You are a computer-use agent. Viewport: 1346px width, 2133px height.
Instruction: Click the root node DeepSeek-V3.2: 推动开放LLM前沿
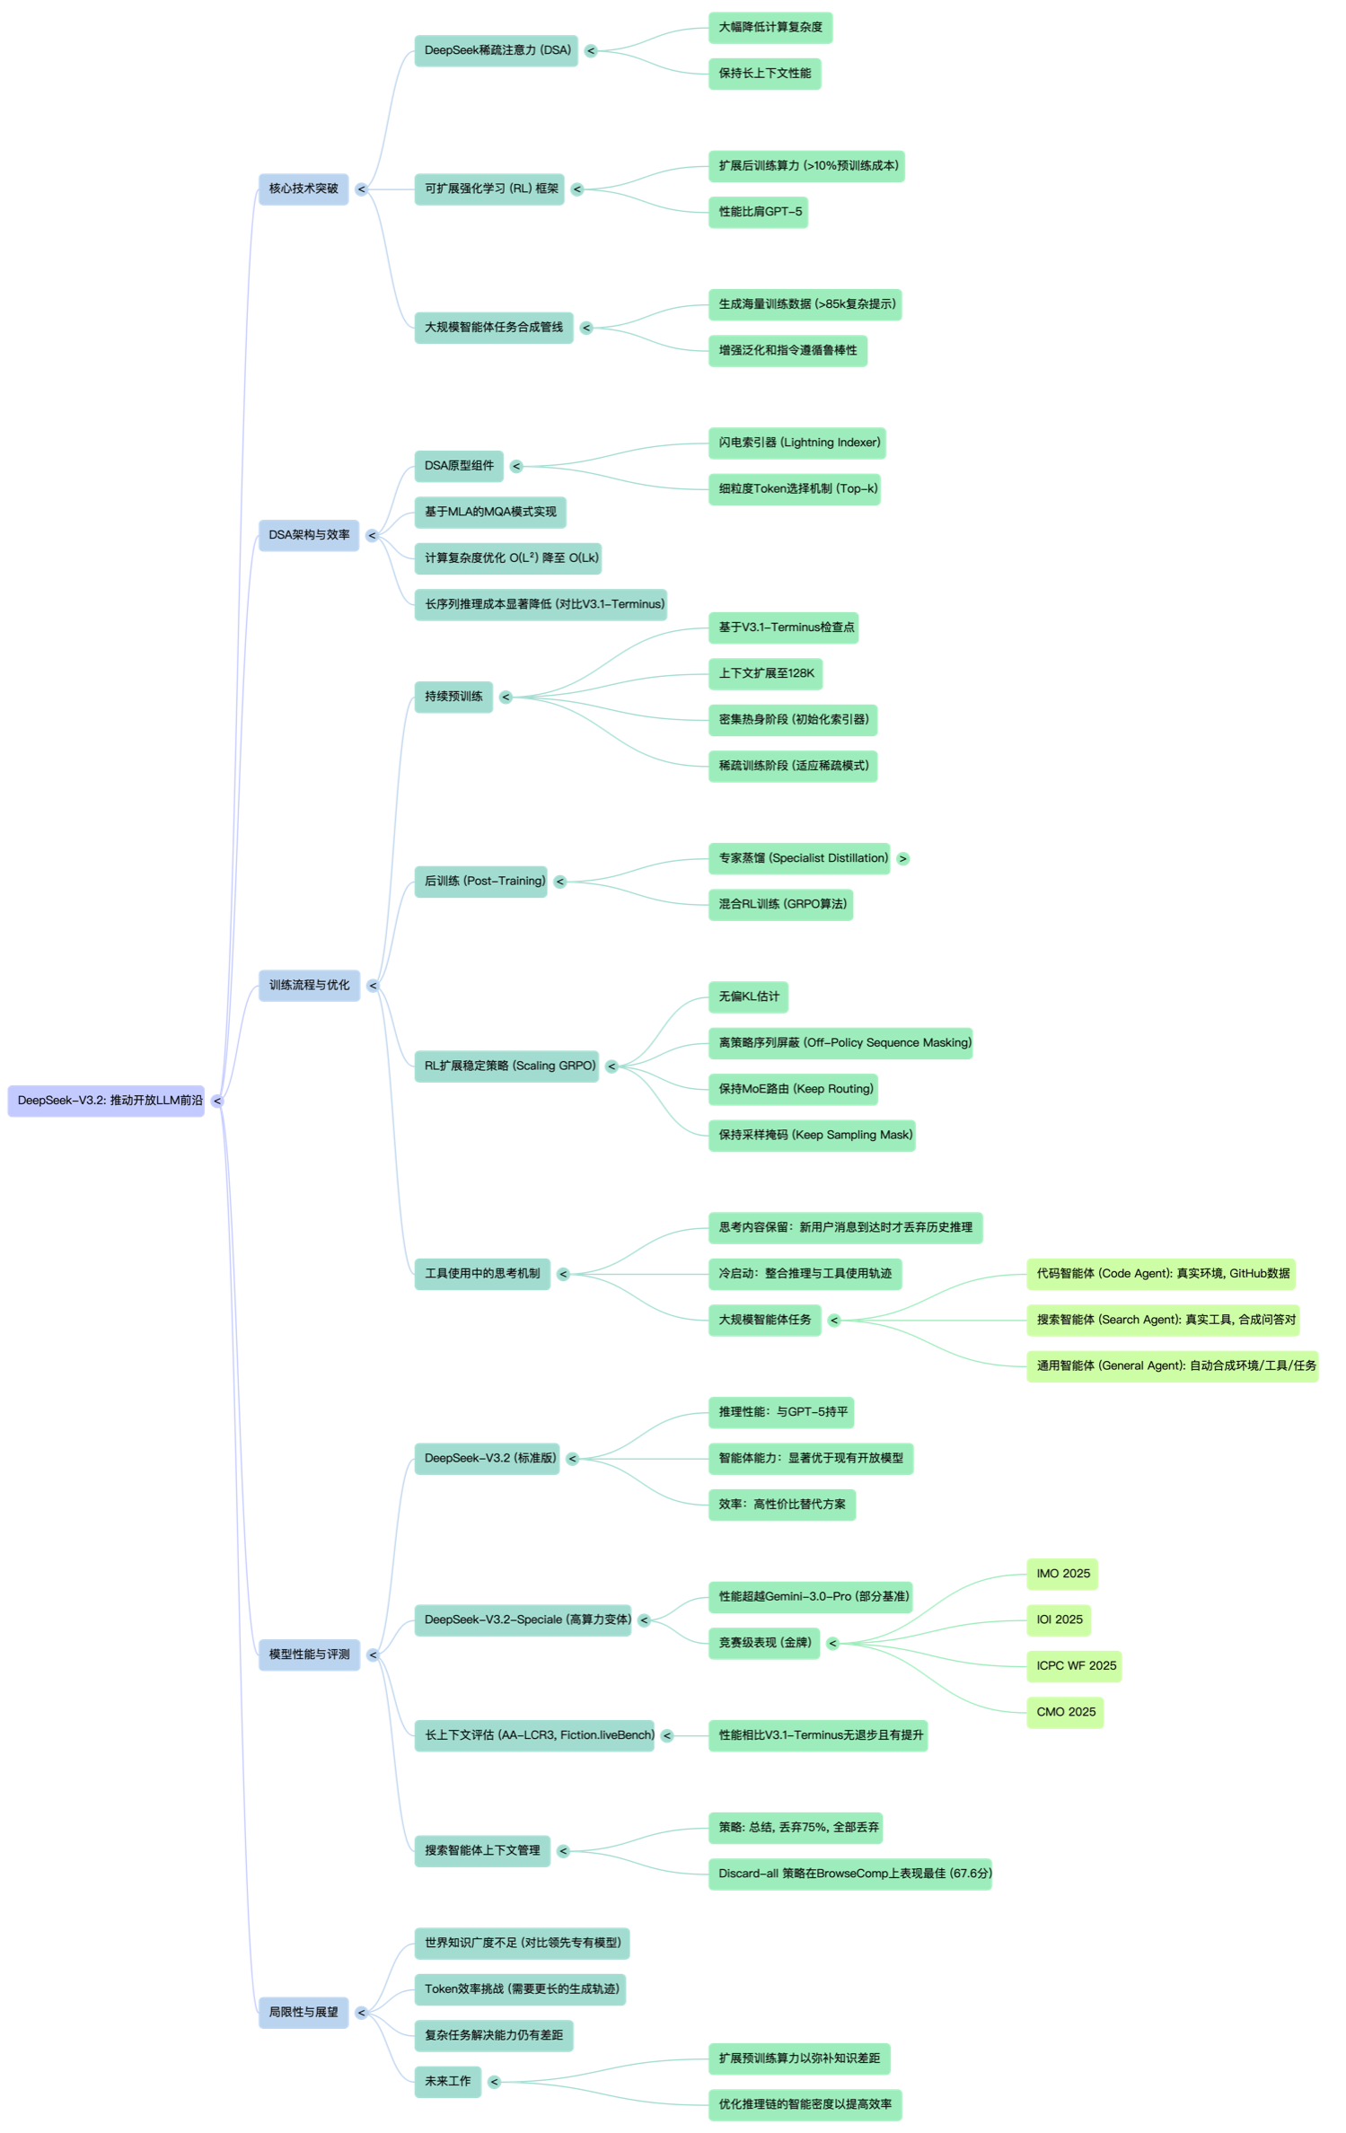coord(106,1101)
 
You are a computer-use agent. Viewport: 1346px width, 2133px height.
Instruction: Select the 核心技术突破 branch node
coord(304,189)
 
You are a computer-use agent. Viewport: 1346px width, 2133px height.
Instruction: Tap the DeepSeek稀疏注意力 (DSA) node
coord(497,50)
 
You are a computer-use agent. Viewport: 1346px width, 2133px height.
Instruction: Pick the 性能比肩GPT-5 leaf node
coord(759,212)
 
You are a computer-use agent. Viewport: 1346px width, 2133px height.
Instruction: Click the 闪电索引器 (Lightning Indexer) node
coord(797,443)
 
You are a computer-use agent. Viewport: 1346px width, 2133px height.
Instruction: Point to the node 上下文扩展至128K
coord(766,673)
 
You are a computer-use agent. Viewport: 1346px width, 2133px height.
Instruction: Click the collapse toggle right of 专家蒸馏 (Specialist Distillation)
coord(903,858)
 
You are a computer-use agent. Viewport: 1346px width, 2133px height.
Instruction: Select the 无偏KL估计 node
coord(749,996)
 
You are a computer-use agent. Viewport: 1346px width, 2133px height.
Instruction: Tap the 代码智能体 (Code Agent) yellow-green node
coord(1162,1273)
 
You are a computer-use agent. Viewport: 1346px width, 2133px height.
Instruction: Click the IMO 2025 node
coord(1062,1574)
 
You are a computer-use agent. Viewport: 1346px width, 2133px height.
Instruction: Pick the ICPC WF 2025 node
coord(1075,1665)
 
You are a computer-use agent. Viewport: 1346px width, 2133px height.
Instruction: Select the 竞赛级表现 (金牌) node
coord(764,1643)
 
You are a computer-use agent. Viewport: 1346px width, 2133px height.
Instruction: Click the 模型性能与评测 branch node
coord(309,1655)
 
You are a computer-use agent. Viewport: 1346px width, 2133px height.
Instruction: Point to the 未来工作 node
coord(447,2081)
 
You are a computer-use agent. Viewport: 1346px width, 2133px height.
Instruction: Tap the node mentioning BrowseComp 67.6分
coord(850,1874)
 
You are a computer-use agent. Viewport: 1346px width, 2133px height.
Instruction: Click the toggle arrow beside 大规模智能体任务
coord(834,1320)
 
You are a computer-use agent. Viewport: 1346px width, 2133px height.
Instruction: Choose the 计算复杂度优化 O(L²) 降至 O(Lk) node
coord(507,557)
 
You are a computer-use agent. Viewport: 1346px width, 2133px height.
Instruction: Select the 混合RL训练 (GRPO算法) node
coord(781,904)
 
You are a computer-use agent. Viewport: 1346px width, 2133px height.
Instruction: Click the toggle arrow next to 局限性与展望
coord(361,2013)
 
